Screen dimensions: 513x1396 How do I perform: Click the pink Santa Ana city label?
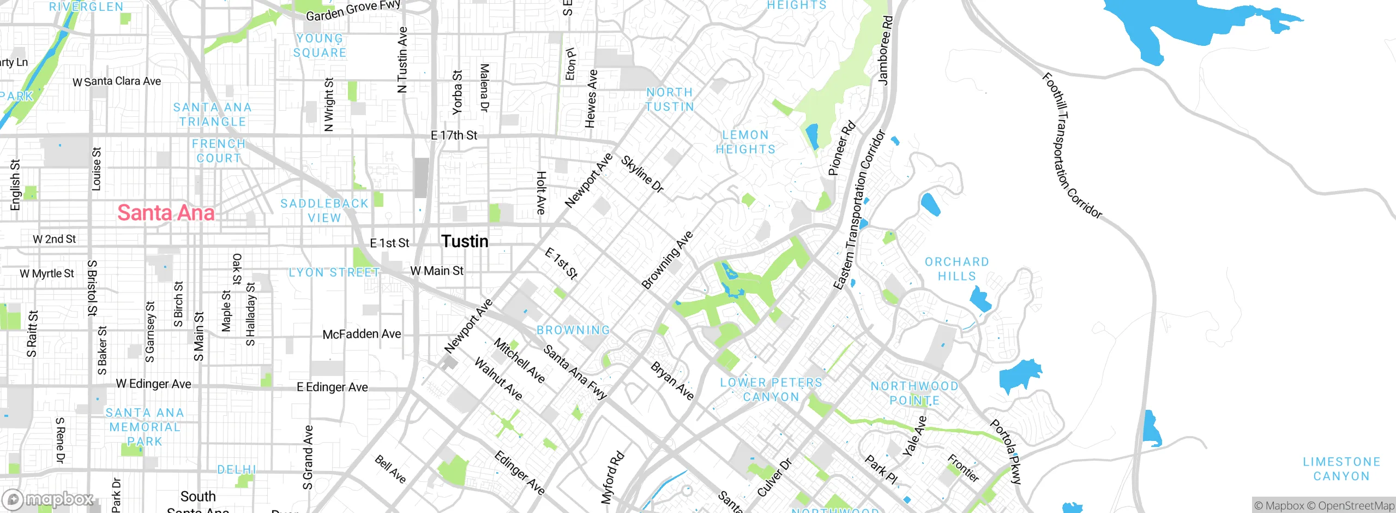click(166, 213)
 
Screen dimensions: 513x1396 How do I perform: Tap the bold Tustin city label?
click(465, 241)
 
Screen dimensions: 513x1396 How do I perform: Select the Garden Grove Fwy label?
click(353, 10)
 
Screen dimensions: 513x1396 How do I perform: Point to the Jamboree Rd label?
click(885, 50)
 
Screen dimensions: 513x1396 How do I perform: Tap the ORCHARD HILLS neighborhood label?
click(956, 269)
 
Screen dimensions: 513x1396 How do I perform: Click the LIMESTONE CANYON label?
click(1341, 469)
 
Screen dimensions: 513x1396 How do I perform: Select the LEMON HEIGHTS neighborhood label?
click(745, 142)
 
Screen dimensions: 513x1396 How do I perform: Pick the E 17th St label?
click(454, 135)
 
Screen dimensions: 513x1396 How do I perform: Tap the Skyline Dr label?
click(642, 175)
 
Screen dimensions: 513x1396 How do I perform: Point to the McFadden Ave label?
click(362, 334)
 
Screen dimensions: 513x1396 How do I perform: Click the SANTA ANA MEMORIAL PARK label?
click(145, 427)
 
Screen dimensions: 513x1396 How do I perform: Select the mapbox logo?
click(48, 499)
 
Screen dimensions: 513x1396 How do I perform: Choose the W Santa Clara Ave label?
click(117, 81)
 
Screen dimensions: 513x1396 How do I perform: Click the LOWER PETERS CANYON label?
click(771, 390)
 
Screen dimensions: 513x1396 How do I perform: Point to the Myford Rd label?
click(612, 478)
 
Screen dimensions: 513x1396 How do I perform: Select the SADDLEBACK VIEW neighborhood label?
click(324, 211)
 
